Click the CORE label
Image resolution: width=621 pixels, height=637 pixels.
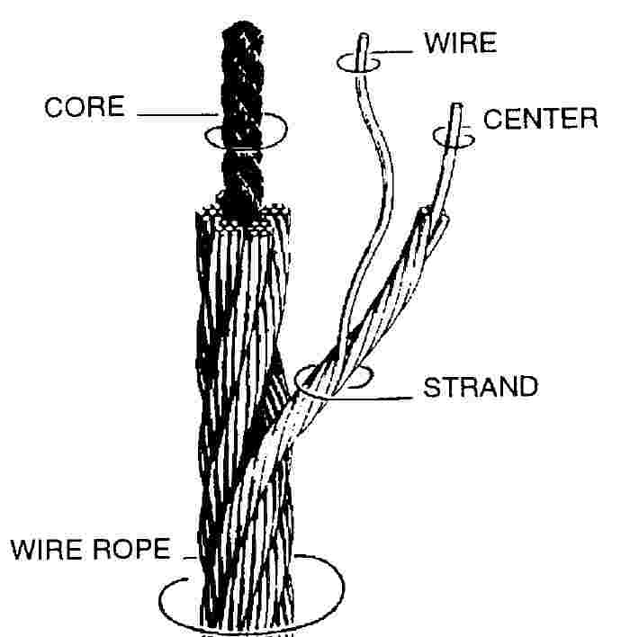[86, 107]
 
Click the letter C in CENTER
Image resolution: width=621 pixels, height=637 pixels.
[492, 118]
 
